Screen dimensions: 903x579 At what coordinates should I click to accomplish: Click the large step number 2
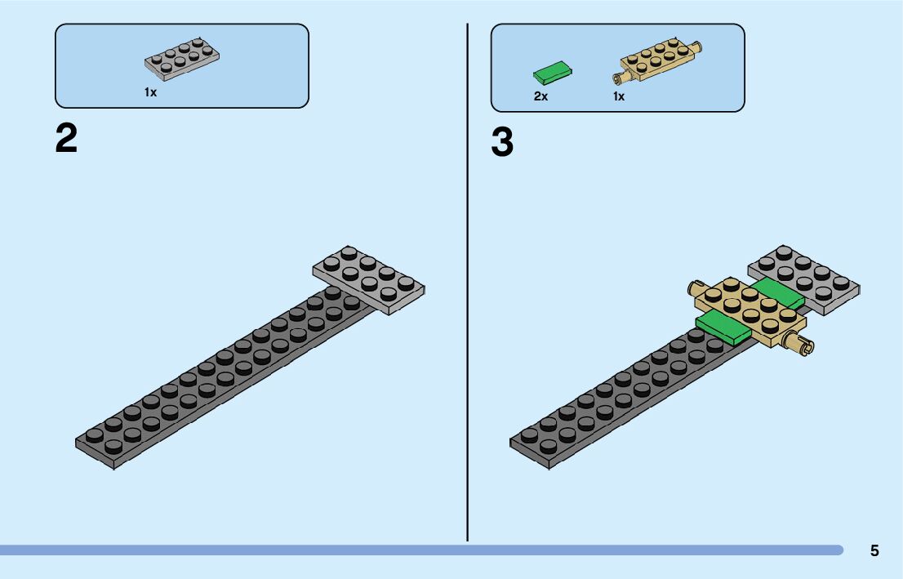[x=66, y=139]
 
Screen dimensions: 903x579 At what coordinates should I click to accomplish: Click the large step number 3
[x=502, y=144]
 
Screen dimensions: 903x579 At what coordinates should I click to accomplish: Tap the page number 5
[x=874, y=550]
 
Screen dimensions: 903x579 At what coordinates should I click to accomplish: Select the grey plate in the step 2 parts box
[x=181, y=60]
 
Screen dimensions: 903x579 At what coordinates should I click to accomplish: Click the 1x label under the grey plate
[x=150, y=93]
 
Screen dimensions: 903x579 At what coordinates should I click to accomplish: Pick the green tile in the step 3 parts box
[x=553, y=74]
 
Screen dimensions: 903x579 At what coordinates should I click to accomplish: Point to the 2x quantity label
[x=540, y=96]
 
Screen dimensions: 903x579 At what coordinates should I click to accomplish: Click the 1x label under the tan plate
[x=619, y=96]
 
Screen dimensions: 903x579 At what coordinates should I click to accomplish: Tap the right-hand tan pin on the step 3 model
[x=799, y=345]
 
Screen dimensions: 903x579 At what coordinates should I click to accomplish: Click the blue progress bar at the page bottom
[x=408, y=550]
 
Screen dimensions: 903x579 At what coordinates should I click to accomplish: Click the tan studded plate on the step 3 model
[x=747, y=310]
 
